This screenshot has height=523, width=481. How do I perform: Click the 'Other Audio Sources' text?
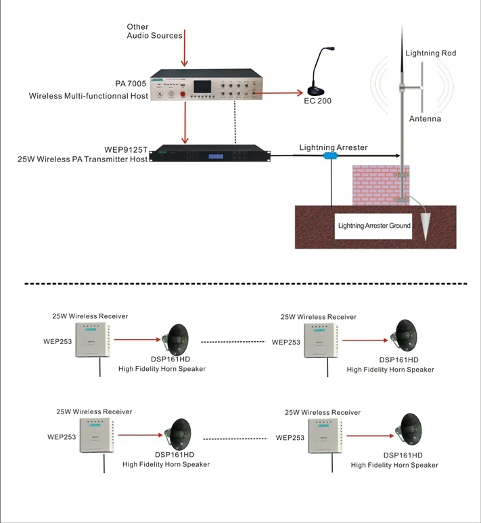pyautogui.click(x=154, y=31)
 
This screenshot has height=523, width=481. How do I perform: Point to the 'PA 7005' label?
pyautogui.click(x=131, y=83)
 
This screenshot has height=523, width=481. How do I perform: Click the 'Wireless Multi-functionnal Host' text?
pyautogui.click(x=88, y=97)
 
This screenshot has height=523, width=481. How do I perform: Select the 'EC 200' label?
pyautogui.click(x=318, y=101)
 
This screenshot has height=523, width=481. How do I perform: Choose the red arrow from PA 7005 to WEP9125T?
pyautogui.click(x=185, y=122)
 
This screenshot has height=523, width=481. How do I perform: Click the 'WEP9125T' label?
pyautogui.click(x=126, y=149)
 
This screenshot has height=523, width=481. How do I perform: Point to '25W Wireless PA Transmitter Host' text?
pyautogui.click(x=83, y=159)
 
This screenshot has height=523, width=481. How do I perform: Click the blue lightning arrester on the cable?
pyautogui.click(x=331, y=155)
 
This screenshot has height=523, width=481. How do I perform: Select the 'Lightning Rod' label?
pyautogui.click(x=430, y=53)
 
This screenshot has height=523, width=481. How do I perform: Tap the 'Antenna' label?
pyautogui.click(x=425, y=119)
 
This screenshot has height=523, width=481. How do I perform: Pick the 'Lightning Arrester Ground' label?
pyautogui.click(x=374, y=226)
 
